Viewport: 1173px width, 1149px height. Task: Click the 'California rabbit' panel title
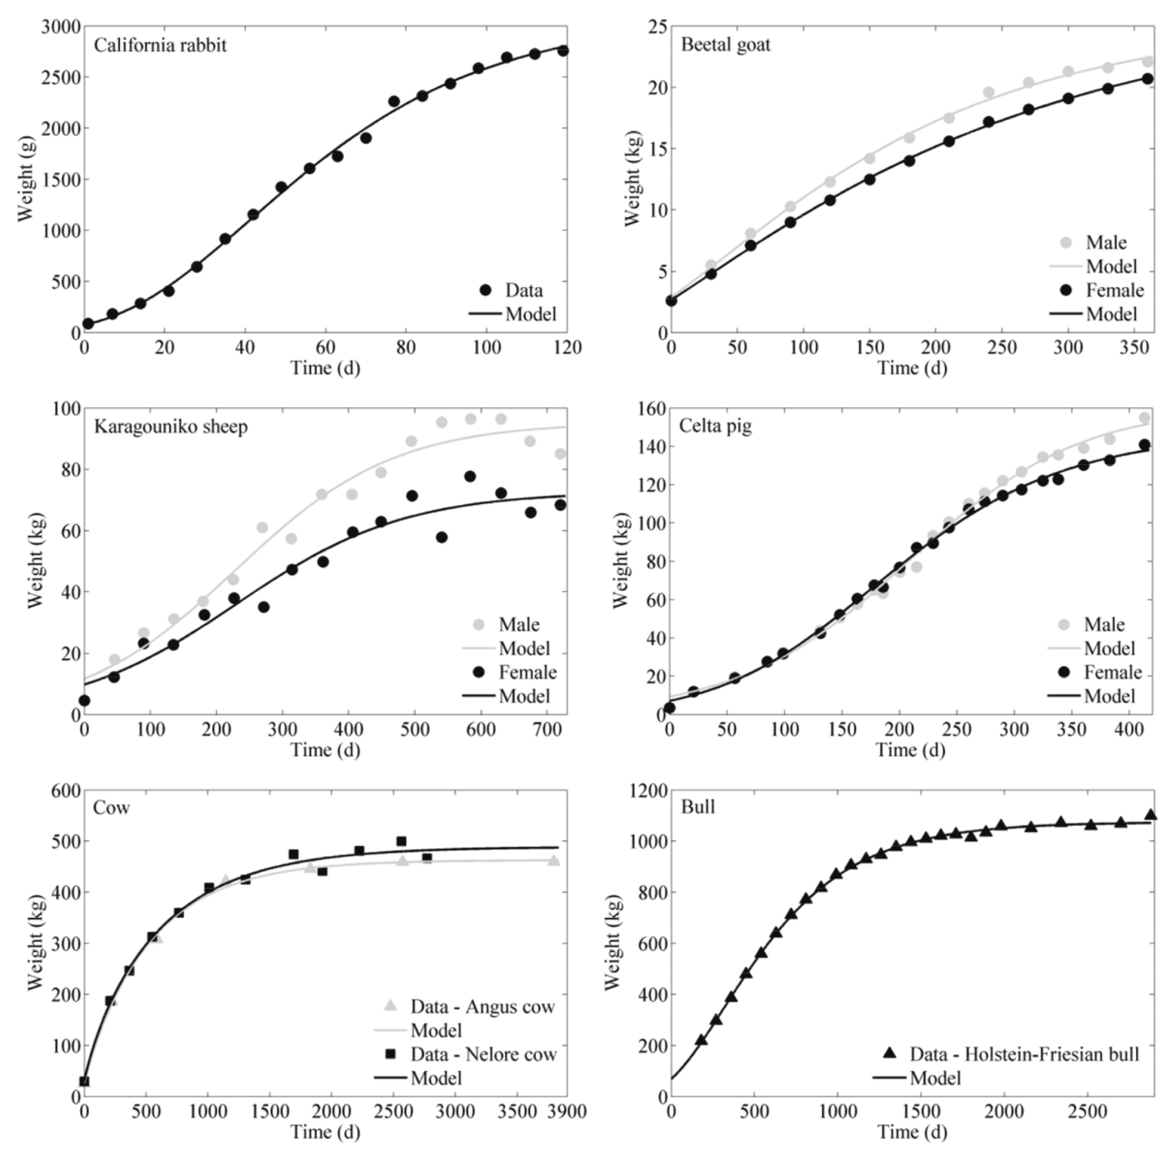click(160, 45)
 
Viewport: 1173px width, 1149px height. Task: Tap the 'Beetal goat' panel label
click(725, 45)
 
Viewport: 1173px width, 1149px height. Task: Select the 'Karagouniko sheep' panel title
click(171, 427)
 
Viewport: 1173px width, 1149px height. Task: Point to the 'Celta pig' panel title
click(715, 426)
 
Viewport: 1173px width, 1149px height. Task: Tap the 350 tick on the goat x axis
click(1134, 348)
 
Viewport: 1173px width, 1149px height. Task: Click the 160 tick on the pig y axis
click(650, 409)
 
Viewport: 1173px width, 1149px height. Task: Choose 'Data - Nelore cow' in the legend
click(483, 1054)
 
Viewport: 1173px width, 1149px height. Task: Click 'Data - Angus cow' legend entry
click(482, 1007)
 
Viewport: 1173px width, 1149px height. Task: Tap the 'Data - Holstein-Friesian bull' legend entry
click(1024, 1054)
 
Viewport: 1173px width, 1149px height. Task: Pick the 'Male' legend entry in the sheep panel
click(519, 624)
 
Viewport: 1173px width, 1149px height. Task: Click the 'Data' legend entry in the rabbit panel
click(523, 290)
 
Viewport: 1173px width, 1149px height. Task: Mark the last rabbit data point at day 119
click(563, 51)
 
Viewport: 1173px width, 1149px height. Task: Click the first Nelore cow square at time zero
click(85, 1081)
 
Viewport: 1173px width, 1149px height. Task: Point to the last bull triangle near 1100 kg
click(1150, 815)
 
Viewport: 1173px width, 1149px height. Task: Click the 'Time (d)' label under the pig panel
click(911, 750)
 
